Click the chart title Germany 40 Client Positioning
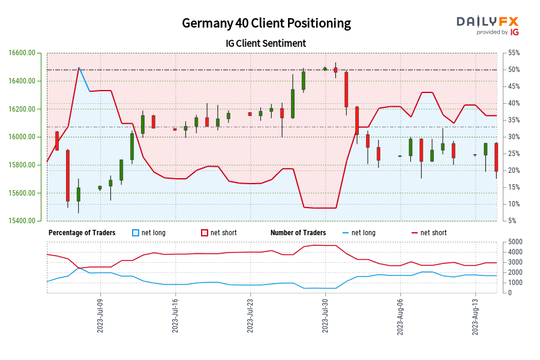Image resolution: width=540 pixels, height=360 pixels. [x=266, y=23]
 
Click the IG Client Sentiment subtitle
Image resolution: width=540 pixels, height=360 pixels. [x=267, y=43]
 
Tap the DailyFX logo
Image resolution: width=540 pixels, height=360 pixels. [x=487, y=25]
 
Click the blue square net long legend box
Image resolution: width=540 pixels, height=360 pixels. [x=135, y=233]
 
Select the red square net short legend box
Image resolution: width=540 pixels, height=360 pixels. [x=204, y=233]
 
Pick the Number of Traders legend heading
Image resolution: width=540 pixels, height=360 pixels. [x=298, y=233]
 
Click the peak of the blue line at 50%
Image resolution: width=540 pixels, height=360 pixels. [x=79, y=68]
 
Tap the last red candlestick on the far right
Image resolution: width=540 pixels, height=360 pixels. [x=496, y=157]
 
